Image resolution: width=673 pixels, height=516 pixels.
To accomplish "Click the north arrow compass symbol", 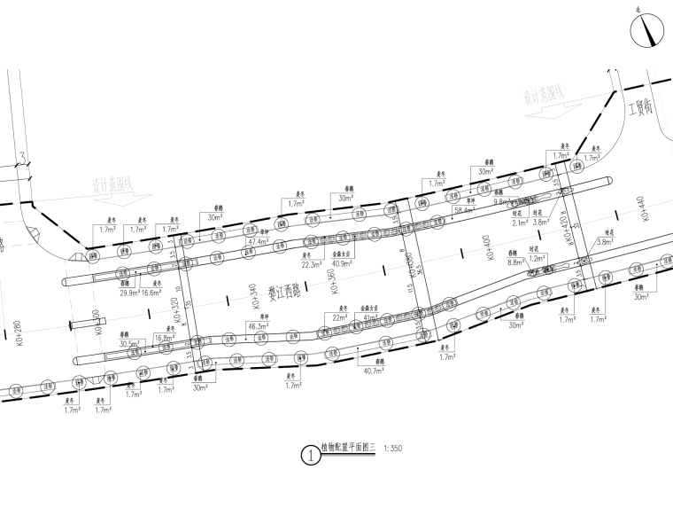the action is (x=647, y=33).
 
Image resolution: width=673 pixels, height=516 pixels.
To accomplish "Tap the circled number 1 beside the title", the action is (x=311, y=456).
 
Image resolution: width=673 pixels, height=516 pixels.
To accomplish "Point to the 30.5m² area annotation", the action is (x=130, y=343).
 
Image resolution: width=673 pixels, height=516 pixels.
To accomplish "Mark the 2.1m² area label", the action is (x=520, y=223).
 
